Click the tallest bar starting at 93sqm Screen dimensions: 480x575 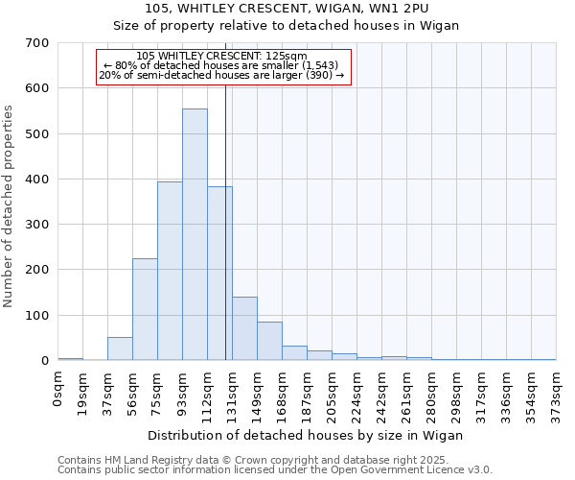tap(195, 235)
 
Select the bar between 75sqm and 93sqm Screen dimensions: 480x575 tap(170, 272)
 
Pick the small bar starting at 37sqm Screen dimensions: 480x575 tap(120, 348)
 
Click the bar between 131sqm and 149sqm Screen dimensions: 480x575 tap(244, 328)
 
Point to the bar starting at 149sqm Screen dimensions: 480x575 tap(269, 341)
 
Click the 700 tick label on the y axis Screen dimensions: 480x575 tap(37, 43)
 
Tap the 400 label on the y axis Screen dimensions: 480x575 tap(37, 180)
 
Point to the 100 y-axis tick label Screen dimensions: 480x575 tap(37, 316)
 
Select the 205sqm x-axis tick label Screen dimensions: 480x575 tap(333, 392)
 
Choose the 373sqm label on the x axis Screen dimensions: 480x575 tap(556, 392)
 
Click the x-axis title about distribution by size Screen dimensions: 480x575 tap(307, 435)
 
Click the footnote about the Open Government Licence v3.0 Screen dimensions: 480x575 tap(275, 470)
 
